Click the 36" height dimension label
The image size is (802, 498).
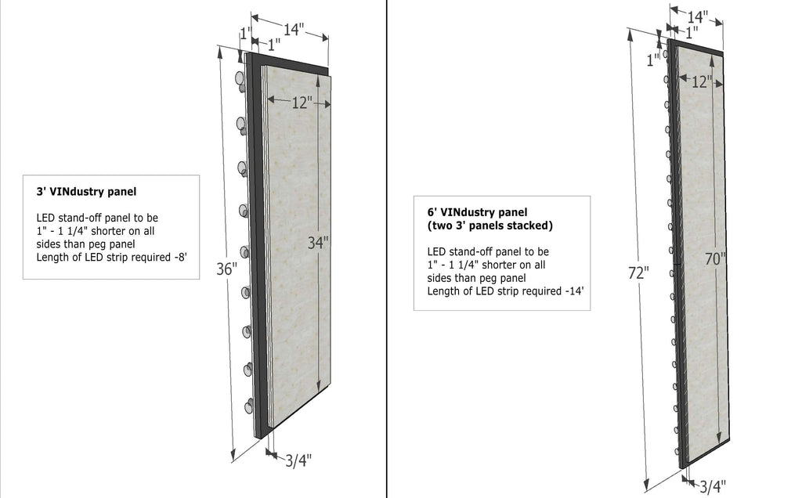226,269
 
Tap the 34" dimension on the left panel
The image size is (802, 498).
318,243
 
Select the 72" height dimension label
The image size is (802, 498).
638,273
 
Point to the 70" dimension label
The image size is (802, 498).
716,259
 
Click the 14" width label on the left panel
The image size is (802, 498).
294,29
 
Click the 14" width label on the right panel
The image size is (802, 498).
696,17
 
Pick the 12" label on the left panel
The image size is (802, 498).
302,103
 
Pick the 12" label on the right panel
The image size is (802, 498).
702,81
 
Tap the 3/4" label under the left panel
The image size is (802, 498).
298,460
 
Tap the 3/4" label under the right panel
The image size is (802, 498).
713,486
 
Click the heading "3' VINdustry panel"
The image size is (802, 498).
86,192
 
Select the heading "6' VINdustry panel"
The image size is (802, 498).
477,212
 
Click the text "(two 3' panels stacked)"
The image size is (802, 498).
490,226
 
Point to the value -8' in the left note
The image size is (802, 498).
181,257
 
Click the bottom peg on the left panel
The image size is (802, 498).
248,406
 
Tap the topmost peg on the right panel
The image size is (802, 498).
665,54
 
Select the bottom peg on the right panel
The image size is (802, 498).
677,452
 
